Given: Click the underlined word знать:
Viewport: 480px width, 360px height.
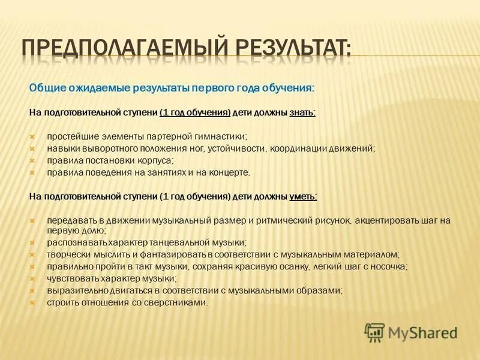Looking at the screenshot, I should [303, 113].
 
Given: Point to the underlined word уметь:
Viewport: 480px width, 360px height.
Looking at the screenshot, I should [303, 196].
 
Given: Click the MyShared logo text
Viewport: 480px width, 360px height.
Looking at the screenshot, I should [422, 332].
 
